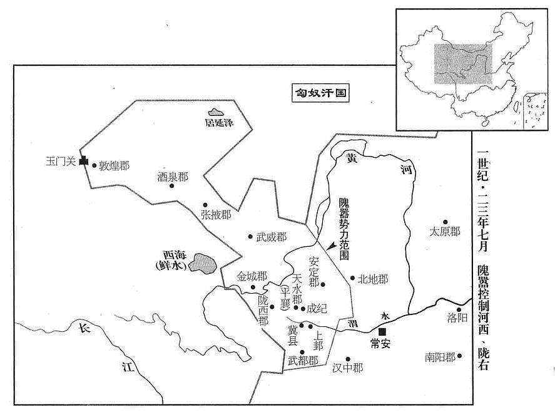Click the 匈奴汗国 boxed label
coord(321,93)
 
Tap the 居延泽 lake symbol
coord(216,113)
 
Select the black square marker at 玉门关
coord(84,161)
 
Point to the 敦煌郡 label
coord(114,165)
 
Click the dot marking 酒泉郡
coord(172,185)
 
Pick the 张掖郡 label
coord(216,214)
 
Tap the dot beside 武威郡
coord(250,236)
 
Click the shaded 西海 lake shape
coord(203,262)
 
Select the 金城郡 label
coord(252,276)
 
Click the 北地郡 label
coord(373,279)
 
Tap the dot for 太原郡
coord(446,222)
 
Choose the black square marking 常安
coord(382,332)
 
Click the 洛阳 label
coord(457,318)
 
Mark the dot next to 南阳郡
coord(459,356)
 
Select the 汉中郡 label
coord(348,368)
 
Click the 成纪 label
coord(317,309)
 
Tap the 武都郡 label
coord(303,361)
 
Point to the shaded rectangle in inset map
coord(463,64)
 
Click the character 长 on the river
coord(84,328)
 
